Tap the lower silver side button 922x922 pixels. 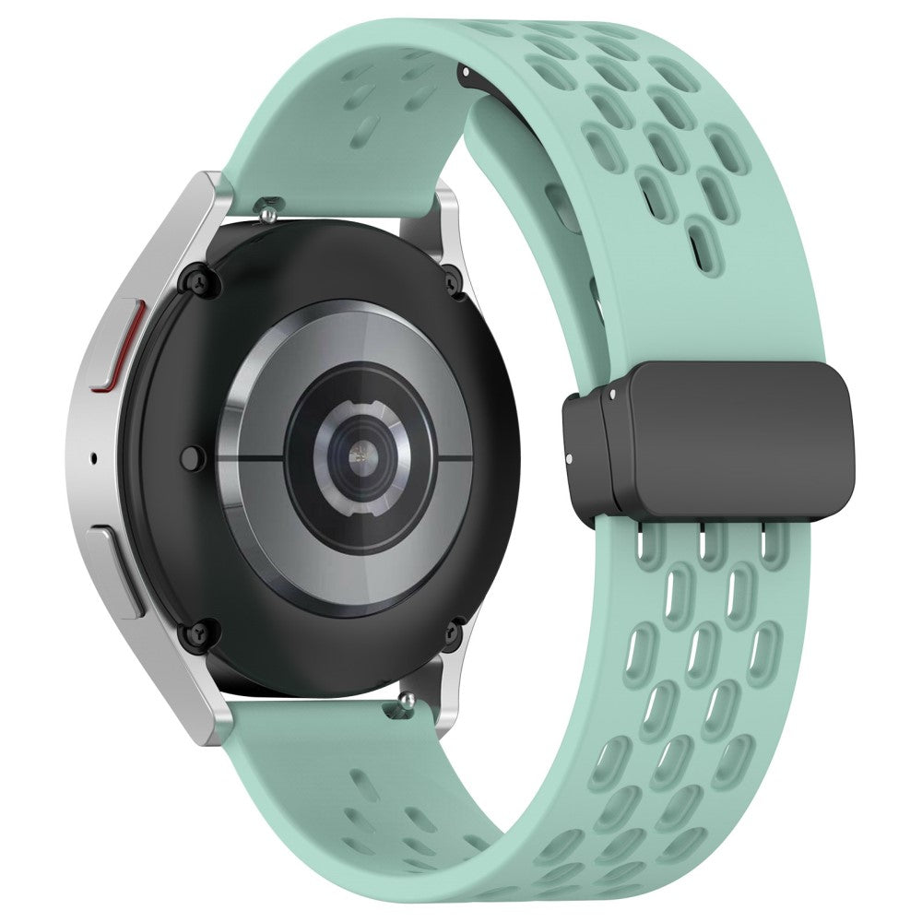tap(118, 567)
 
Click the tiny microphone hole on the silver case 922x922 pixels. tap(96, 456)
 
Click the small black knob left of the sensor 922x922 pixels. tap(193, 455)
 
